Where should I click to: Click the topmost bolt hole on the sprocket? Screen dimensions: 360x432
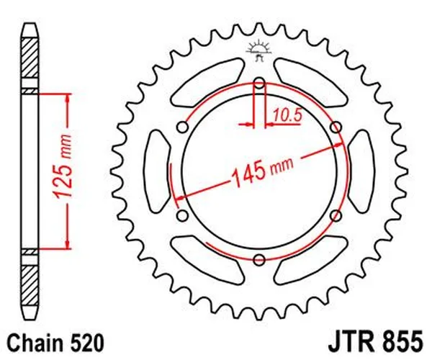coord(259,82)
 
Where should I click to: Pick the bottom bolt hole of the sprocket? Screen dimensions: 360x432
coord(259,259)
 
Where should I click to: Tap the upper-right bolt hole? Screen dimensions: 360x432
coord(336,127)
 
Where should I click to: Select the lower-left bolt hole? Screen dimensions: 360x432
coord(182,215)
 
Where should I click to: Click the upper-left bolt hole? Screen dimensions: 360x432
coord(182,127)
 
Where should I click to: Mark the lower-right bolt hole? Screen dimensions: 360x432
coord(336,215)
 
